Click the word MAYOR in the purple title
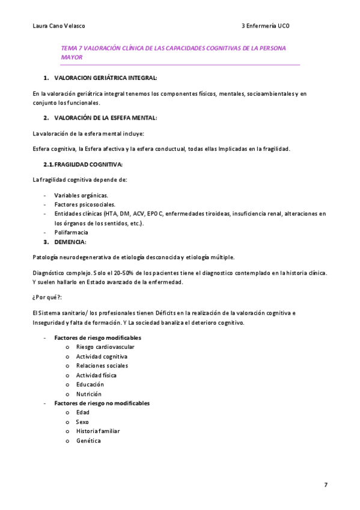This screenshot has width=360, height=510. tap(72, 57)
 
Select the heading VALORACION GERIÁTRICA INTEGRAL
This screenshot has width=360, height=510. tap(106, 78)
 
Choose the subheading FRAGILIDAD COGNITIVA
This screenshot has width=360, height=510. tap(88, 164)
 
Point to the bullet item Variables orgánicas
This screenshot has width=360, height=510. tap(81, 195)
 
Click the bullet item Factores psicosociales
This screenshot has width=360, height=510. tap(85, 204)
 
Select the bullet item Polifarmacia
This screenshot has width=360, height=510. tap(71, 232)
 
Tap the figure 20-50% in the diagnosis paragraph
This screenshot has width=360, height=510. tap(122, 273)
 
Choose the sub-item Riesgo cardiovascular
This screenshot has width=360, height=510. tap(105, 347)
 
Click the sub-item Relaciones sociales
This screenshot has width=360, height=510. tap(102, 366)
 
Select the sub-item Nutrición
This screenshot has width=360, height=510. tap(89, 394)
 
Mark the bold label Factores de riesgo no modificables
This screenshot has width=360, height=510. tap(102, 403)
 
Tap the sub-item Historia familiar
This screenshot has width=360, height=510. tap(98, 431)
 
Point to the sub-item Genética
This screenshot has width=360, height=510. tap(88, 441)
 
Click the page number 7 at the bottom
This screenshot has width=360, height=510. tap(326, 485)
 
